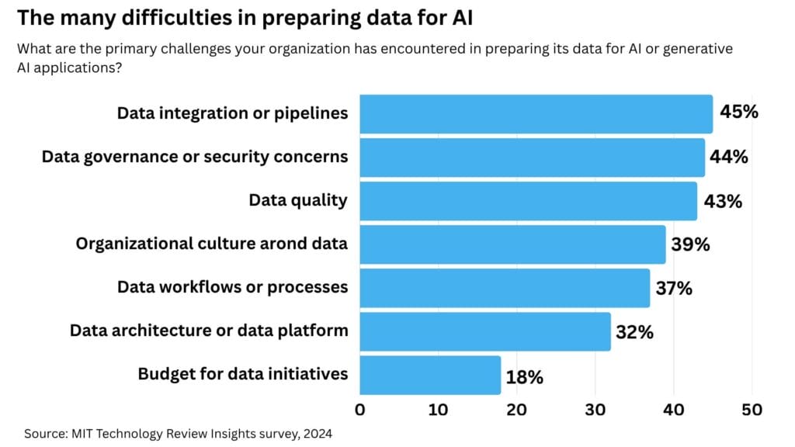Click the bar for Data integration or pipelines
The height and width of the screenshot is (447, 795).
click(x=536, y=113)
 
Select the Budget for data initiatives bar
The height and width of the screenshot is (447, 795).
click(x=430, y=375)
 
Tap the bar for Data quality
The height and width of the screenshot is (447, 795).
click(x=528, y=201)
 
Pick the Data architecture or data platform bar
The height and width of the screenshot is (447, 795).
click(x=485, y=331)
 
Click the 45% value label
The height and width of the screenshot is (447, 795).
click(x=738, y=112)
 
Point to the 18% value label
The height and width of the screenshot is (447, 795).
click(x=524, y=378)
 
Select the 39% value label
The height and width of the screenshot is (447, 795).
click(x=691, y=244)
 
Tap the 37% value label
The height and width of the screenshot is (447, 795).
click(x=673, y=289)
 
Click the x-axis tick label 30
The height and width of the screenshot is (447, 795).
click(x=595, y=409)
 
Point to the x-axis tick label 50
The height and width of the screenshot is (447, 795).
click(x=752, y=409)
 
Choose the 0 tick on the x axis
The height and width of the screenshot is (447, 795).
click(x=360, y=409)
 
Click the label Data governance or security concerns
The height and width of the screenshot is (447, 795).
click(x=194, y=157)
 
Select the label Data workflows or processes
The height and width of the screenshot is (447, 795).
click(x=232, y=287)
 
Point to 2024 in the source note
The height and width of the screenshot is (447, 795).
click(x=318, y=434)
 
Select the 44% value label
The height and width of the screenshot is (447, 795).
click(x=729, y=157)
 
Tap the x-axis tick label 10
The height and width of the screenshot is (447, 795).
click(x=438, y=409)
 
